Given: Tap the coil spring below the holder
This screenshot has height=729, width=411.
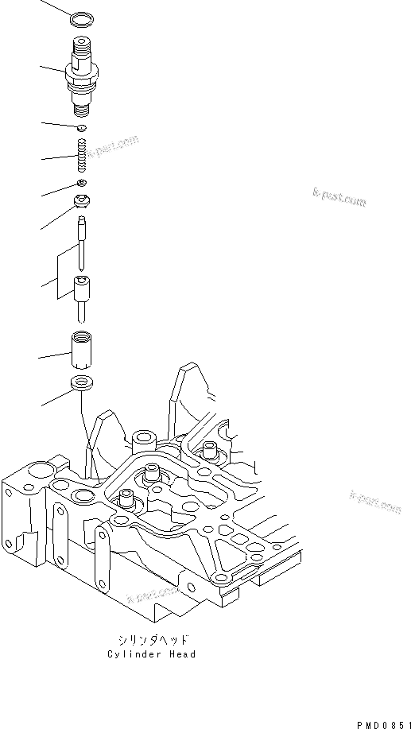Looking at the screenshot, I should tap(81, 155).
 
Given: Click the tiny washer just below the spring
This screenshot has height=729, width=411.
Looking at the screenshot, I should tap(82, 184).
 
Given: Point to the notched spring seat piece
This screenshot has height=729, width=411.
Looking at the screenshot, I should tap(83, 201).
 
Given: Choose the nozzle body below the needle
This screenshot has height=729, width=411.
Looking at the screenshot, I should tap(83, 293).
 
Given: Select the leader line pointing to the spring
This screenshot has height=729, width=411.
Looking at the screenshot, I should tap(56, 158).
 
